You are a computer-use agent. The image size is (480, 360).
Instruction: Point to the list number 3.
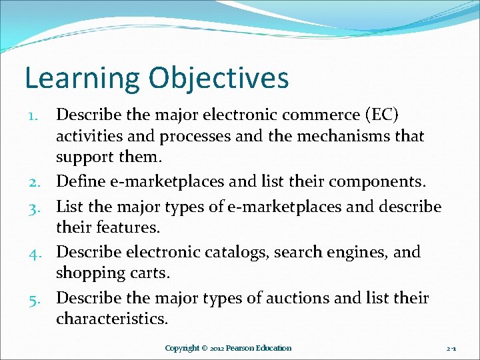41,207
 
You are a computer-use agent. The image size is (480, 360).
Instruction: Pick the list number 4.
41,253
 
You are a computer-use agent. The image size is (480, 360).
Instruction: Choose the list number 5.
41,298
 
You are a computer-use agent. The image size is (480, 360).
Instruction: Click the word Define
79,181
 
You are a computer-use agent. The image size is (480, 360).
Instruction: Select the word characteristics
111,319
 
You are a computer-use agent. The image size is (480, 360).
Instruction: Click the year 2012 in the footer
216,348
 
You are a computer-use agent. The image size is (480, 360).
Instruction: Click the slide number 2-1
451,348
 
